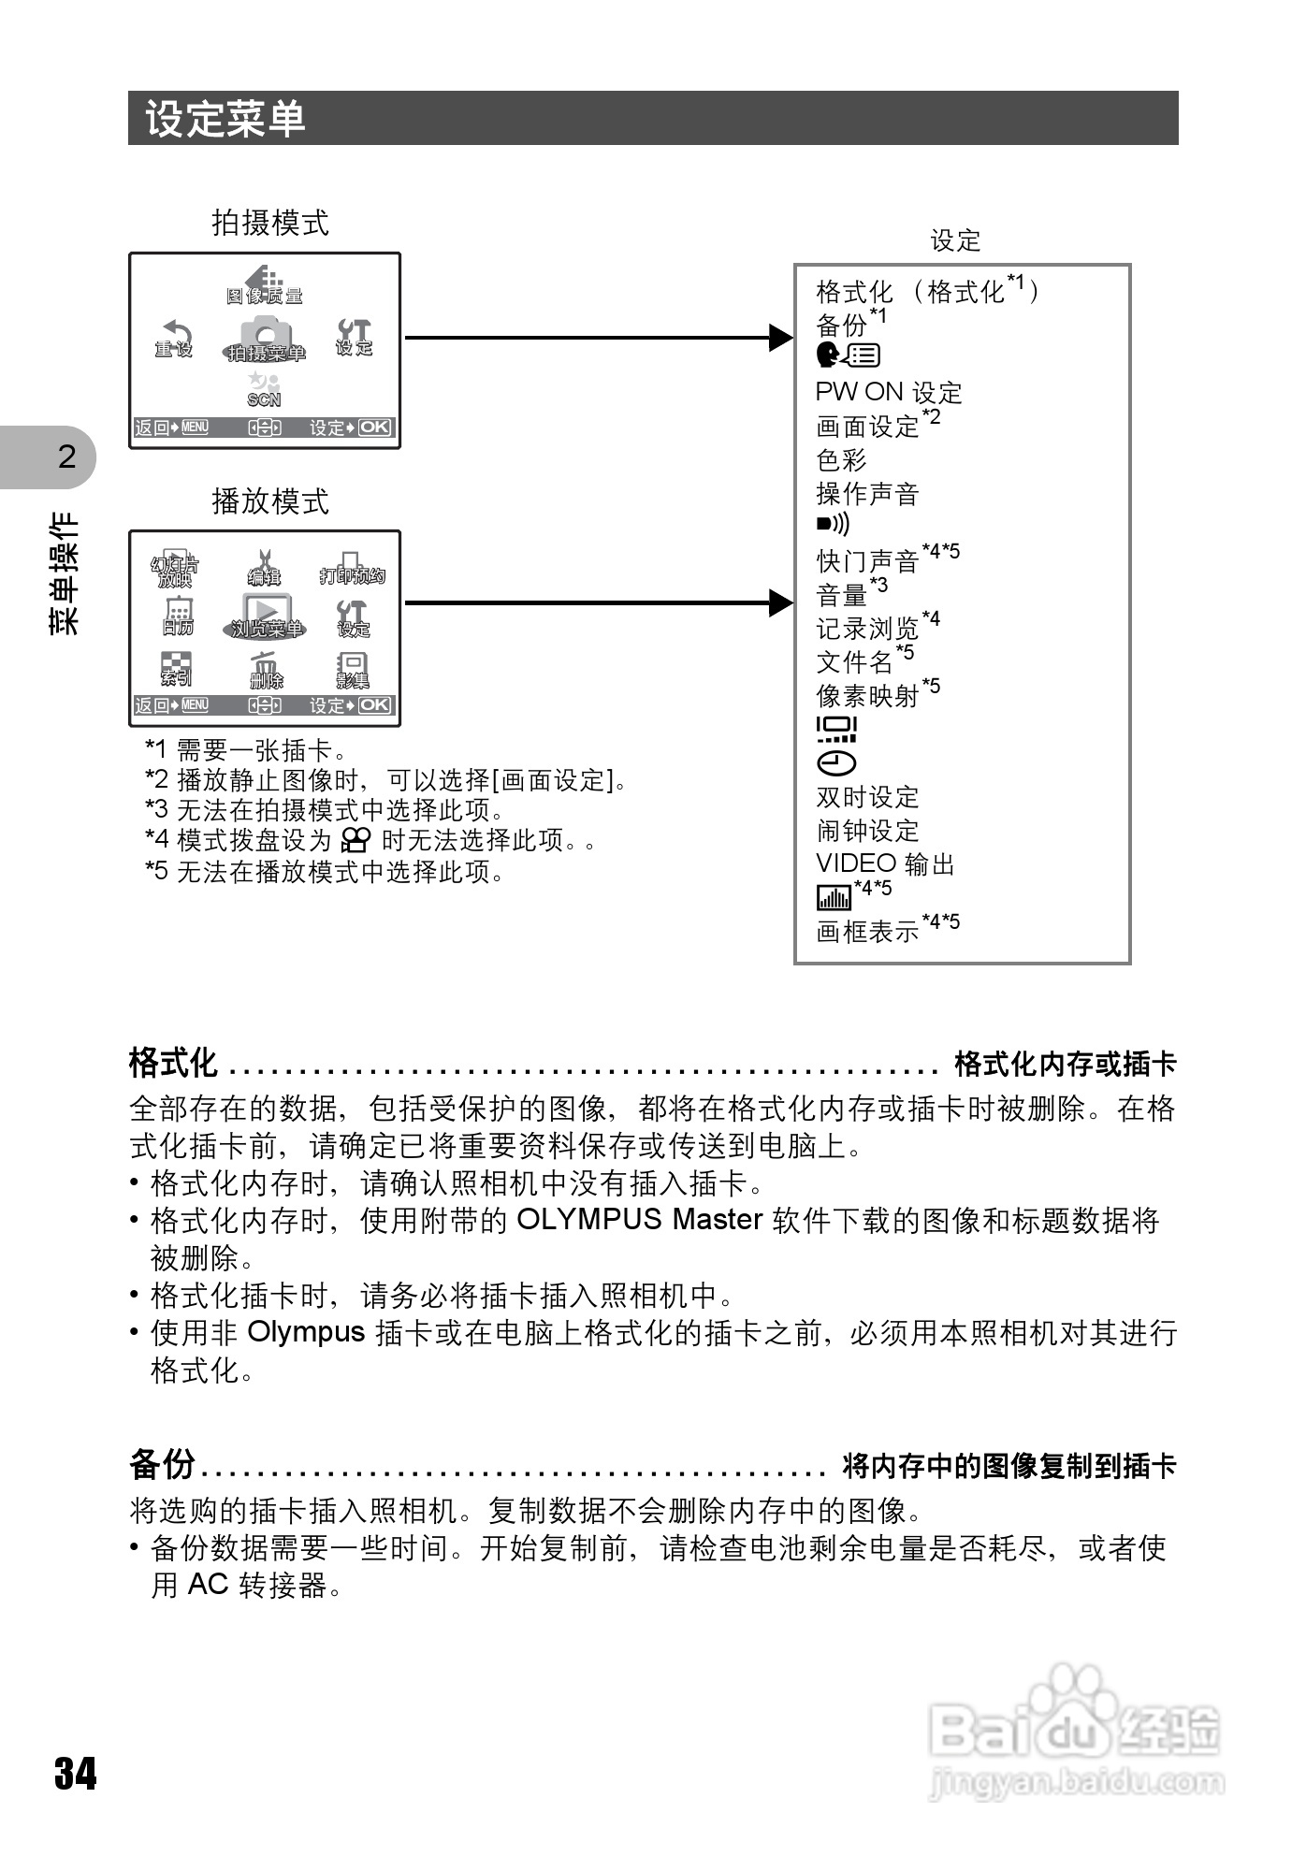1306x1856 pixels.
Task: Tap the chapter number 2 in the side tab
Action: [66, 457]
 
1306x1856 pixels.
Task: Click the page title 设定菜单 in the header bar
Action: [225, 119]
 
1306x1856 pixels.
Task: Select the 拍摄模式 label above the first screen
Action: [270, 223]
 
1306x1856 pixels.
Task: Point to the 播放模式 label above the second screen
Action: [270, 501]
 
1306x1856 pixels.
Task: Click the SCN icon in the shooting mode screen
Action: [264, 389]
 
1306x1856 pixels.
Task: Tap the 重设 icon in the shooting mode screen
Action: [174, 339]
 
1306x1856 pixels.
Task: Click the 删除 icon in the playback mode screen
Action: [266, 670]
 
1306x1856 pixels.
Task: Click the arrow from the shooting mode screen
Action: [599, 338]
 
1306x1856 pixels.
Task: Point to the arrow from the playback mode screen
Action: [599, 603]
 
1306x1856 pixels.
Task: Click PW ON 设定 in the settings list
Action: [888, 392]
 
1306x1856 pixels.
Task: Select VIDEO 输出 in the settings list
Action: [885, 863]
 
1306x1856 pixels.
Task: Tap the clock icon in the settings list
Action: [836, 763]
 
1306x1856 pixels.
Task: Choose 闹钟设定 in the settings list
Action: [867, 830]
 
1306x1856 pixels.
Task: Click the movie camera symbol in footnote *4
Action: [356, 839]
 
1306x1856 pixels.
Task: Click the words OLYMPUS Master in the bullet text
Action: [640, 1220]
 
